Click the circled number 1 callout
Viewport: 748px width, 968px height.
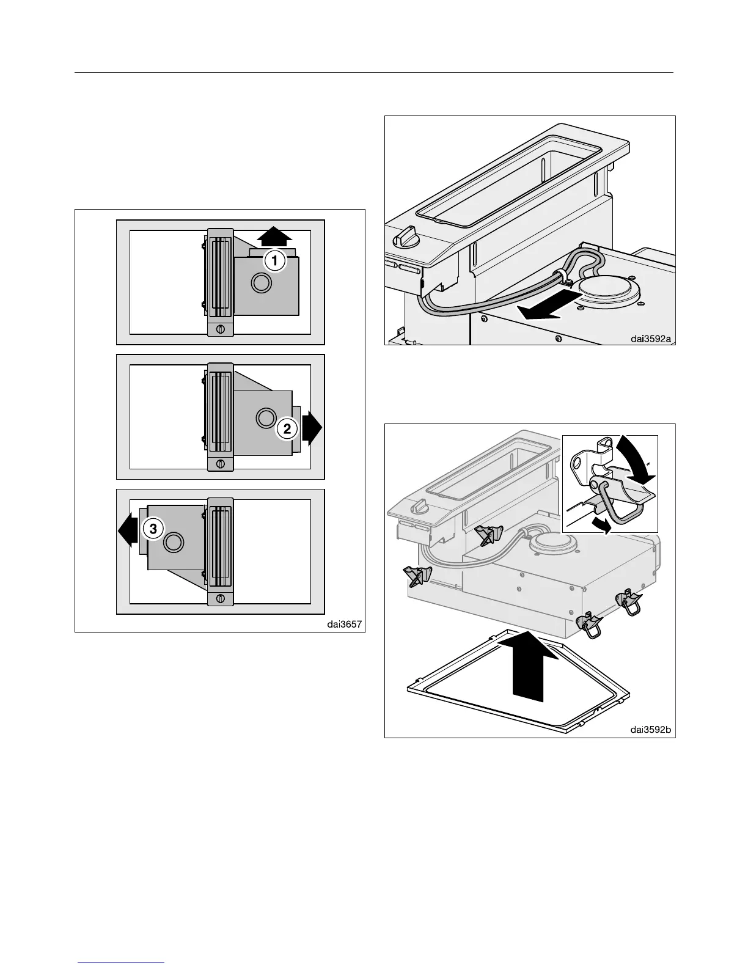(274, 261)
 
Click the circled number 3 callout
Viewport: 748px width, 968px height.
(153, 529)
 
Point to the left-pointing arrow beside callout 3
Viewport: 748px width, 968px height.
(129, 529)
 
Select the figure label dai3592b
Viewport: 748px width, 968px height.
(652, 729)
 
